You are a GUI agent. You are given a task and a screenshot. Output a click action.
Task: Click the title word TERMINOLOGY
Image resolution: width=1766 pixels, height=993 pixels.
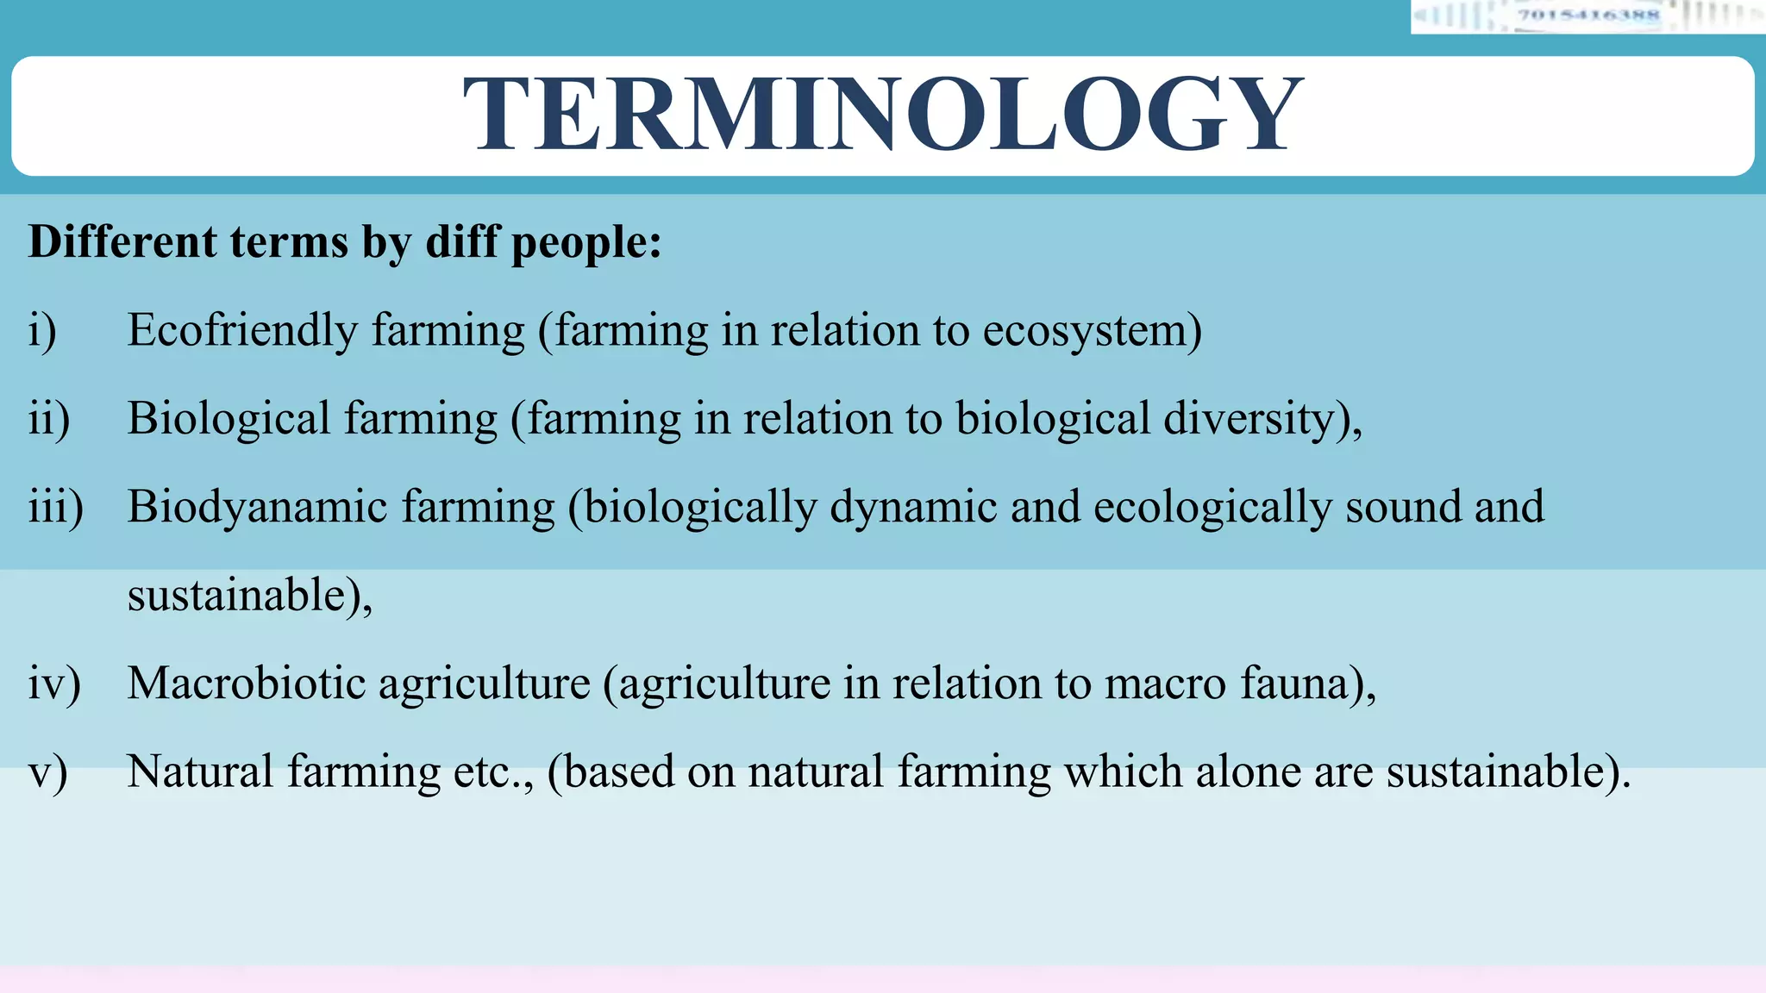click(883, 115)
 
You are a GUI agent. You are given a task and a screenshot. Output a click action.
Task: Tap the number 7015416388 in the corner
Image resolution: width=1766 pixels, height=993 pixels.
click(1588, 15)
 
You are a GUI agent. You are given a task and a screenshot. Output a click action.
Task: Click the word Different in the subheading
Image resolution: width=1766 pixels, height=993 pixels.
click(122, 241)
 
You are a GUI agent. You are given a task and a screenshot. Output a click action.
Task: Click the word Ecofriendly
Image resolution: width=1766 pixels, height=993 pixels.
click(242, 331)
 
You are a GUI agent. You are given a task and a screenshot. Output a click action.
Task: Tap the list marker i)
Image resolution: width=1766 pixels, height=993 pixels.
click(42, 331)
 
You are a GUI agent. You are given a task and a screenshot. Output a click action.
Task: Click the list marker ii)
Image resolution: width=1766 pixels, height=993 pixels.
click(48, 419)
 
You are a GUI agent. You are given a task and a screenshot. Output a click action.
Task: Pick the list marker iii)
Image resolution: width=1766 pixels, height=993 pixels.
click(55, 507)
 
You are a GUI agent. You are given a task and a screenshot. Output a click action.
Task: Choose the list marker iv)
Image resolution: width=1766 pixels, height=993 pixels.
click(53, 684)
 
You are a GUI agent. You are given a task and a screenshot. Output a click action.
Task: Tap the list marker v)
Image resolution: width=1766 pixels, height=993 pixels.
click(47, 772)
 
